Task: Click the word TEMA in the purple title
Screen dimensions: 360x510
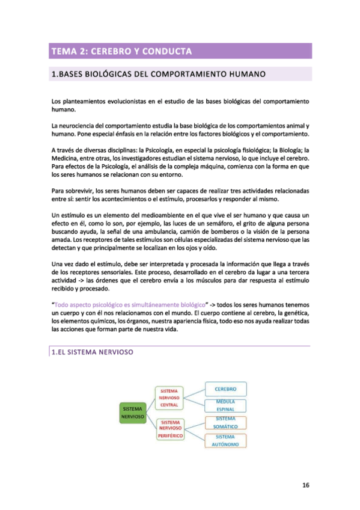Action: point(65,51)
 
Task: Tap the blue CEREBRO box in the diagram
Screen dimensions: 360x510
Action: point(225,388)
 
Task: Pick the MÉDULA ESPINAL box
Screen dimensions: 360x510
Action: point(225,405)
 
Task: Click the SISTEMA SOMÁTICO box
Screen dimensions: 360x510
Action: point(225,423)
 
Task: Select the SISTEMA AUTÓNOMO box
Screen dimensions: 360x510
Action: point(225,440)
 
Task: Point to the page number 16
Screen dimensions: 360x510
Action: point(305,485)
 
